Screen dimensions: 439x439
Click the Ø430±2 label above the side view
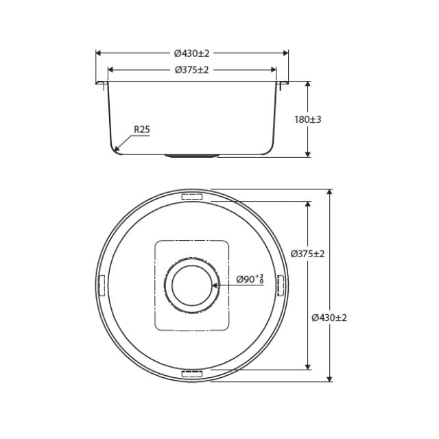191,53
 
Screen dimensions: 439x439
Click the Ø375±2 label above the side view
191,69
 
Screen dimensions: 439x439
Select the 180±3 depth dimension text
308,119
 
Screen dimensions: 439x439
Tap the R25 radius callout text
141,129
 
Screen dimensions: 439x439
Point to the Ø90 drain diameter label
250,279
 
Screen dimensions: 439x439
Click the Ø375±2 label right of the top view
307,253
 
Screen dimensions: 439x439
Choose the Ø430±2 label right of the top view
329,318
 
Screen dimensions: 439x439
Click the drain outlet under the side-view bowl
191,156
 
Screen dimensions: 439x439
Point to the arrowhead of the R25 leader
117,149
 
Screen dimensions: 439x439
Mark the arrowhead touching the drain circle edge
215,285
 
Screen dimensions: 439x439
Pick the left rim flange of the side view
101,84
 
